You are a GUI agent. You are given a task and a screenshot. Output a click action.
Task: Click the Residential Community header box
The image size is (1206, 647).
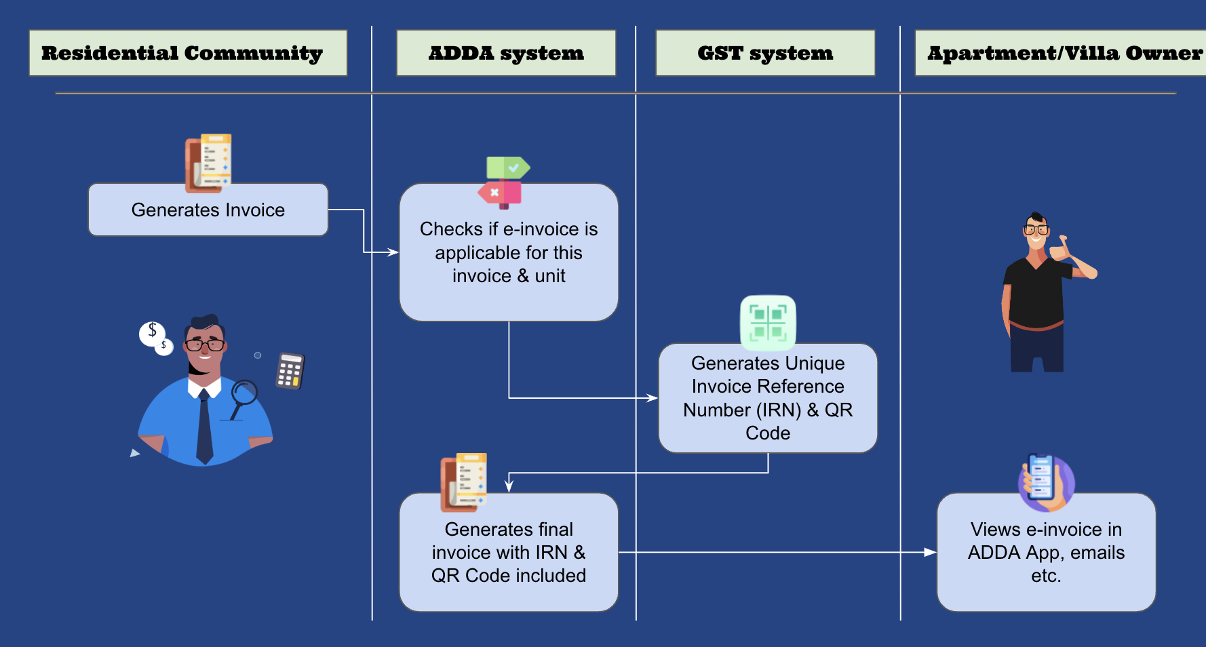(x=188, y=53)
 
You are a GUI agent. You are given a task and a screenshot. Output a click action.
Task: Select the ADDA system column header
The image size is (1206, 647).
(x=506, y=53)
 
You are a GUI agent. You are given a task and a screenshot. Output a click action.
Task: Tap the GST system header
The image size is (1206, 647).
(x=765, y=53)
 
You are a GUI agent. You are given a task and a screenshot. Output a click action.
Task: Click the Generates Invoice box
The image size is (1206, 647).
(x=208, y=210)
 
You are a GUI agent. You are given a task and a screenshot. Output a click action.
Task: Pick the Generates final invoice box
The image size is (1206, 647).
(x=509, y=552)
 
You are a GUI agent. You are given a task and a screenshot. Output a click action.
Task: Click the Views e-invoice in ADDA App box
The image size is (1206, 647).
(x=1046, y=552)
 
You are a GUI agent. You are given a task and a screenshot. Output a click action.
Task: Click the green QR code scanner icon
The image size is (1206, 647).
(x=768, y=321)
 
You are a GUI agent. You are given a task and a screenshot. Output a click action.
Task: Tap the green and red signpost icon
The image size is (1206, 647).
(x=504, y=182)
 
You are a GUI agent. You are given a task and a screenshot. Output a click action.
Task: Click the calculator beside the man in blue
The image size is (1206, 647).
(x=290, y=370)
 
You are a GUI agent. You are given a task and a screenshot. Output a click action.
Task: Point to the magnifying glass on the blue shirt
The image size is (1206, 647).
(x=243, y=395)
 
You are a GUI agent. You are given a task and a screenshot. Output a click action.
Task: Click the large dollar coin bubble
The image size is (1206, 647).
(x=152, y=332)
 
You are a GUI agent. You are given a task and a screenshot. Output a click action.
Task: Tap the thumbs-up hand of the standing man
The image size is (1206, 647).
(x=1059, y=248)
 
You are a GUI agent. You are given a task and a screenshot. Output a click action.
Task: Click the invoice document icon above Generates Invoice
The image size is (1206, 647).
(x=209, y=163)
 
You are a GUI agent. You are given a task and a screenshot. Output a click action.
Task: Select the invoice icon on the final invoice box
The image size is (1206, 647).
(x=464, y=482)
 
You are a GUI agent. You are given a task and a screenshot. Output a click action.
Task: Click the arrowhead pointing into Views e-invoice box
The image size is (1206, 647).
(x=931, y=552)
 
